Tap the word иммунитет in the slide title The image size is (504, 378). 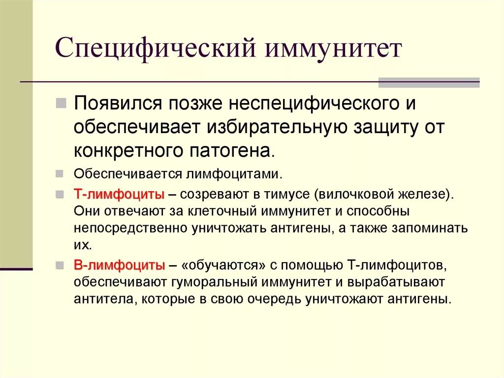(x=335, y=50)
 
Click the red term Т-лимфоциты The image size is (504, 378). (x=119, y=194)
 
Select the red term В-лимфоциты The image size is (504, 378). (x=119, y=265)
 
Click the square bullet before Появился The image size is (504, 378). (x=62, y=103)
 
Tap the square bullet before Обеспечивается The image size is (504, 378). (x=60, y=174)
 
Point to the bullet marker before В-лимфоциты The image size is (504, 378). (x=60, y=265)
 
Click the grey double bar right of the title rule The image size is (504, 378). (x=429, y=82)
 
